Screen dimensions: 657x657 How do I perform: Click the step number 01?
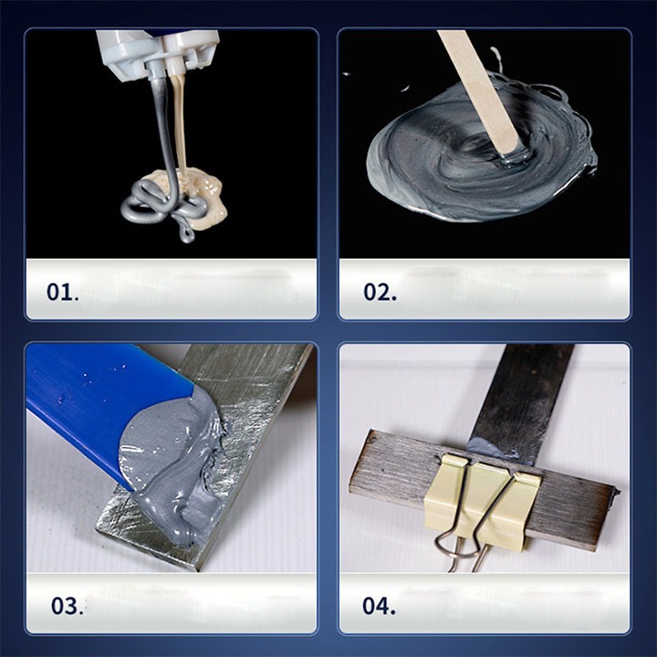click(x=62, y=292)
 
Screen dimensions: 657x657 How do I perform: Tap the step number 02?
click(x=380, y=292)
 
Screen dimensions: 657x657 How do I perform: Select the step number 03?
click(x=67, y=606)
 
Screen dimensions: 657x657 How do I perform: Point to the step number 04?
click(x=379, y=606)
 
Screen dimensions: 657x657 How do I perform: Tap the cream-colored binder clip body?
click(x=482, y=498)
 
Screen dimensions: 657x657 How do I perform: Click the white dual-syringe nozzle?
click(x=159, y=50)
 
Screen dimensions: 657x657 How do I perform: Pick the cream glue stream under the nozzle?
click(x=180, y=121)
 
